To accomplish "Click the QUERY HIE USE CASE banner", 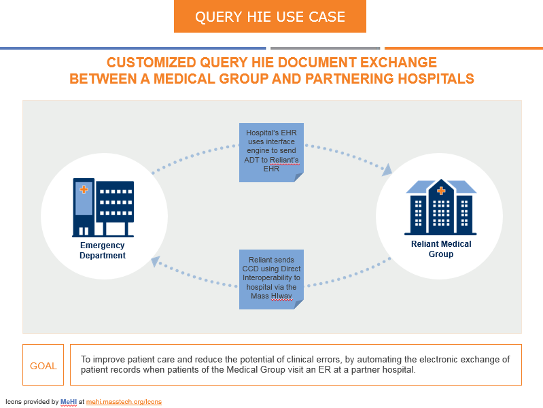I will tap(270, 16).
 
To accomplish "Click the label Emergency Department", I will tap(103, 250).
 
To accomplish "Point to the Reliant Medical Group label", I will tap(441, 249).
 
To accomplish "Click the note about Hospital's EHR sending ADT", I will tap(271, 151).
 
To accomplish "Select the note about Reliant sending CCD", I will tap(271, 278).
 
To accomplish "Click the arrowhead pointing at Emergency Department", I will tap(156, 260).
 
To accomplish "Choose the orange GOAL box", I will tap(43, 366).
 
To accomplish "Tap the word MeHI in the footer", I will tap(69, 402).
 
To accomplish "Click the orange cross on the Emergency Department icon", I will tap(84, 189).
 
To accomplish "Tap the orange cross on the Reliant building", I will tap(441, 191).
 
